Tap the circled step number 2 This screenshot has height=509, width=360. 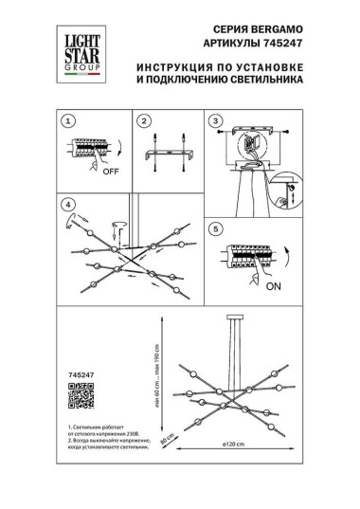[x=142, y=122]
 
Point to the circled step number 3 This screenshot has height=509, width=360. [x=216, y=122]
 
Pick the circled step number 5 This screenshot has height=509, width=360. [x=216, y=228]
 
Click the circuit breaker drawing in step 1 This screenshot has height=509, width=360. [x=91, y=149]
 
